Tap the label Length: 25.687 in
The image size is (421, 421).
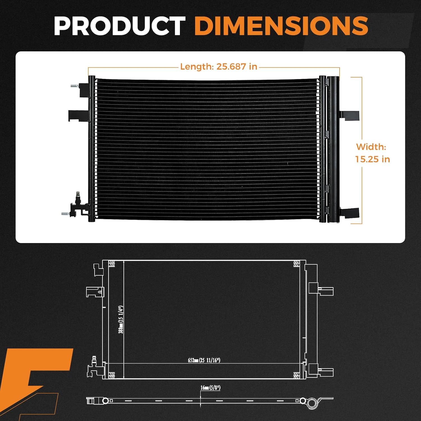[218, 67]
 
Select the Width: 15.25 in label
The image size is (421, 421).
[372, 153]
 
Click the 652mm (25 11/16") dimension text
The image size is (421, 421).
[204, 360]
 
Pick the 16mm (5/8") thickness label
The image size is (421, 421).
[210, 388]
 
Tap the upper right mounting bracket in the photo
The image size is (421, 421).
[350, 115]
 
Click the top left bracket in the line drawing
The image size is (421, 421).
[98, 269]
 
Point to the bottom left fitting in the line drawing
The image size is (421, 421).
[94, 368]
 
